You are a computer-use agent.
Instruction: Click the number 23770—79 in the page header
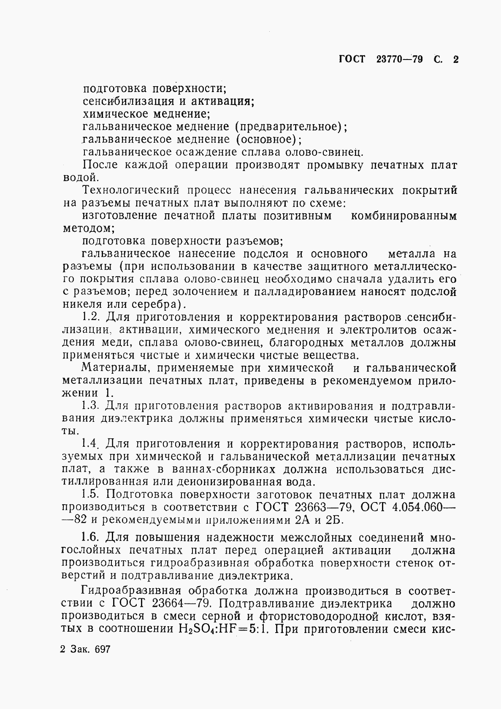[x=399, y=60]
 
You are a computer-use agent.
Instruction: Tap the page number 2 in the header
[x=455, y=60]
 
